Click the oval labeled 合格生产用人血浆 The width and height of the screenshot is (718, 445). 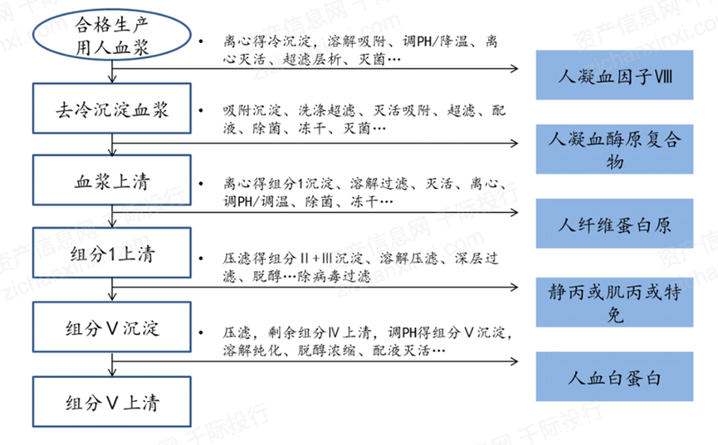(112, 35)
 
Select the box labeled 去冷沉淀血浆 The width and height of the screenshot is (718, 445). (112, 109)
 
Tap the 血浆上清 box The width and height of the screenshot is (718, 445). (112, 180)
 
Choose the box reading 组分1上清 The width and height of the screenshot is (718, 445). (112, 253)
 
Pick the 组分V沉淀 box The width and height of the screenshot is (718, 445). (112, 326)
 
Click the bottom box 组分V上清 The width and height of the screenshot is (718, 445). (112, 402)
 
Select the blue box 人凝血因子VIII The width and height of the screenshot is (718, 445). (614, 75)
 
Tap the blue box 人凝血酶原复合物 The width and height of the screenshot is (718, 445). (614, 149)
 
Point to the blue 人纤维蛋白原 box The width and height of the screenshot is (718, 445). (614, 224)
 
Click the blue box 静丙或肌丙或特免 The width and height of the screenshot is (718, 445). (614, 302)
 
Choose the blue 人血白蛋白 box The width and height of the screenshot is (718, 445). (614, 376)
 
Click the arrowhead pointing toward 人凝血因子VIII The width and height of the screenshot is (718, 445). (515, 69)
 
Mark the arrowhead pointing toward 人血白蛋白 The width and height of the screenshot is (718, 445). (515, 361)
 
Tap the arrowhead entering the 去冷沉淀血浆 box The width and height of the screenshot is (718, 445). (112, 79)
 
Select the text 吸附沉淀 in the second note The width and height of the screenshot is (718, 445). (252, 110)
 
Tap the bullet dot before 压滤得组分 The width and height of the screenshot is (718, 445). (201, 259)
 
